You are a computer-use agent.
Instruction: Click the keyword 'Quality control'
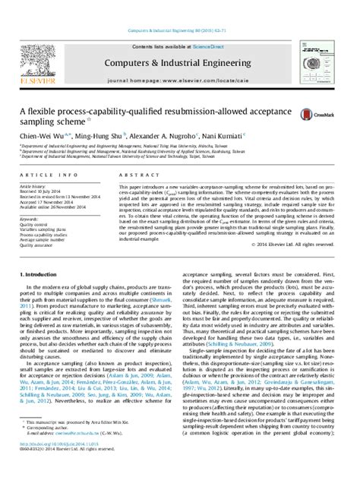[38, 225]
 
